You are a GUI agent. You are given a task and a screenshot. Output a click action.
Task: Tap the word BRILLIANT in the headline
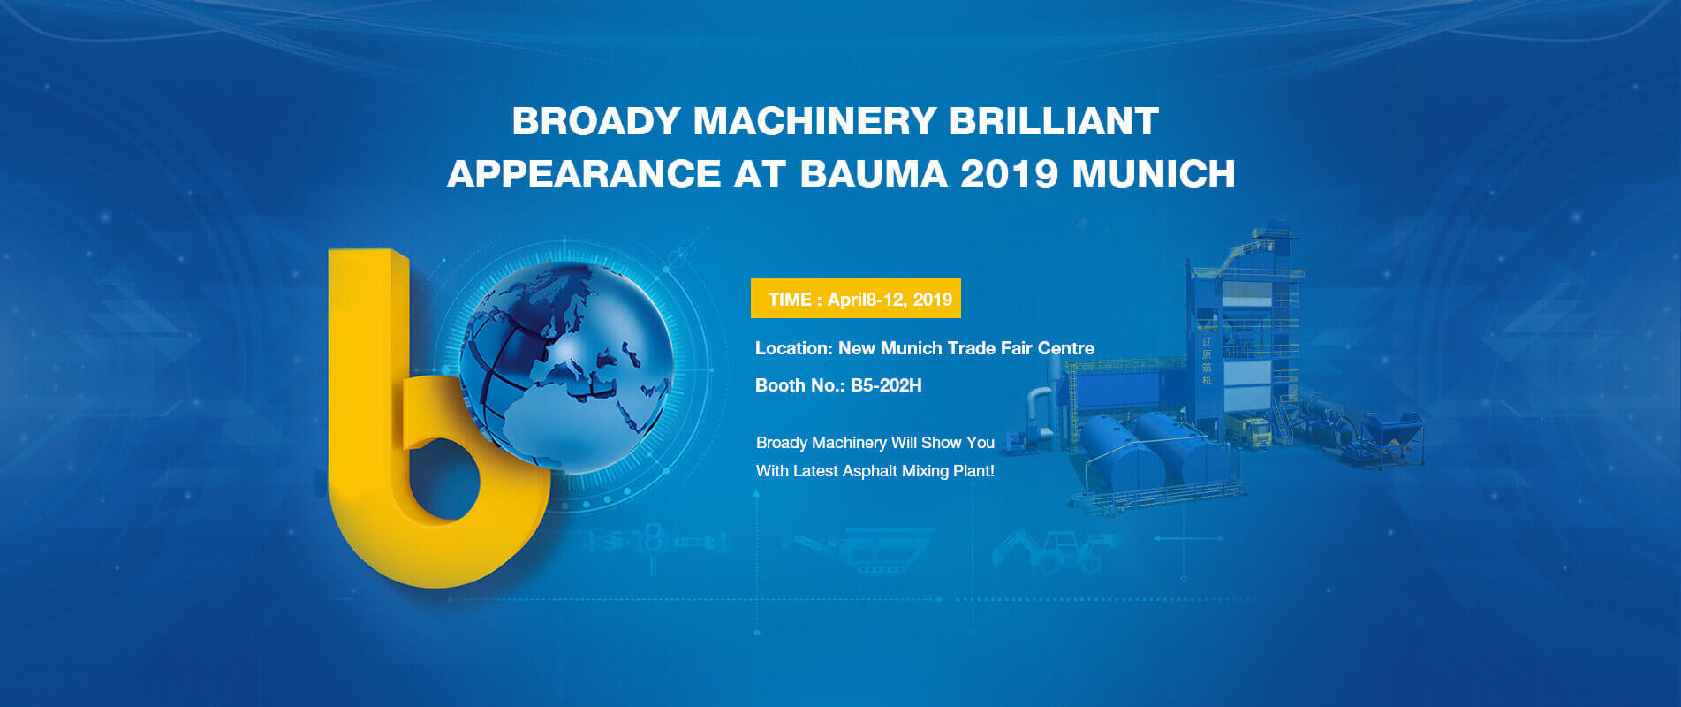click(1054, 121)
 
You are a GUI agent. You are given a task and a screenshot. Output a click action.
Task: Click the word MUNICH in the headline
click(1154, 173)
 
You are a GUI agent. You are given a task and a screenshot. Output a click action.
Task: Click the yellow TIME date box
click(856, 299)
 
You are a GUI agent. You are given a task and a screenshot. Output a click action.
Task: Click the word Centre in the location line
click(1066, 348)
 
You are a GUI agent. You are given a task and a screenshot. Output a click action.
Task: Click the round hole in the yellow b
click(443, 479)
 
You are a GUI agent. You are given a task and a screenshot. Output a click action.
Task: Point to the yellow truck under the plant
click(1247, 430)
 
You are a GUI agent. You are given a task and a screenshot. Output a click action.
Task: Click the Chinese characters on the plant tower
click(1207, 361)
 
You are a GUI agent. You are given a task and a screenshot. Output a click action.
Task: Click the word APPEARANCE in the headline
click(584, 173)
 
